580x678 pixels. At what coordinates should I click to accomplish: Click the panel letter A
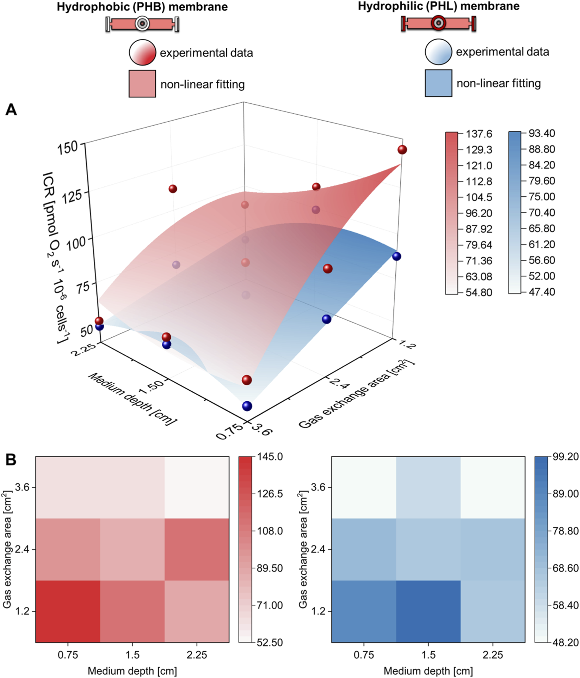(11, 110)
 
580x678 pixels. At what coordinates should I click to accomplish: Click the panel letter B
(11, 459)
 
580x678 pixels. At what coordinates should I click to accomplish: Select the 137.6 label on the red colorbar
(479, 134)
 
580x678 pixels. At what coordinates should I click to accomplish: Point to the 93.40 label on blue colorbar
(542, 133)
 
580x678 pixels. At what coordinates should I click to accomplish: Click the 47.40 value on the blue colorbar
(542, 292)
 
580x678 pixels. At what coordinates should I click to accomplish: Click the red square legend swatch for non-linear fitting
(142, 84)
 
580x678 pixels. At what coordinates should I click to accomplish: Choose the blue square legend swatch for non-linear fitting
(438, 83)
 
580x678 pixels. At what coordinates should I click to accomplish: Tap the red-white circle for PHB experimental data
(142, 52)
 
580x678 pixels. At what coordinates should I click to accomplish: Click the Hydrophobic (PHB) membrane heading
(142, 7)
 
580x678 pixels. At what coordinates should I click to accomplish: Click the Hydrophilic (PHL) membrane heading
(438, 6)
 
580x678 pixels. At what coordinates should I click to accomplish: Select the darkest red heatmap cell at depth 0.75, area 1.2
(68, 611)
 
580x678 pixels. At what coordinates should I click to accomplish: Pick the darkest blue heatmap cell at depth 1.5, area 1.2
(428, 611)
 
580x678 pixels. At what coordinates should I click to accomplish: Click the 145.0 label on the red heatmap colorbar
(270, 457)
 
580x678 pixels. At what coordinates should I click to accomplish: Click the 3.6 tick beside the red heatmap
(23, 487)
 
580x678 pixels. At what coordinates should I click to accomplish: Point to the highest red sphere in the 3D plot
(402, 150)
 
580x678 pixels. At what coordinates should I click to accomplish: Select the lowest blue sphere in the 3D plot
(247, 406)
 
